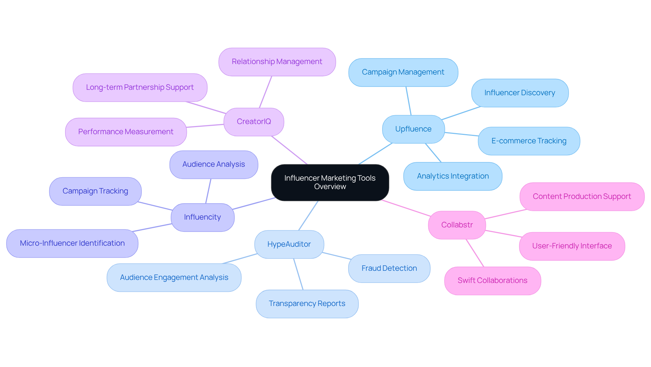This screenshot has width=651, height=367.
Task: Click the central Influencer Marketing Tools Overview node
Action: tap(330, 182)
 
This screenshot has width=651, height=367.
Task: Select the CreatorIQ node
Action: tap(254, 122)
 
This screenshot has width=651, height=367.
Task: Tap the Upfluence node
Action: tap(413, 129)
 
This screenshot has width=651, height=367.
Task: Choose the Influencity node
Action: tap(202, 217)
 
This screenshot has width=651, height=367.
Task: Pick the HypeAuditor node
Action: tap(289, 244)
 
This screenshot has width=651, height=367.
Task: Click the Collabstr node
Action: tap(457, 225)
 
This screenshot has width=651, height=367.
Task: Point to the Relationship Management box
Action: tap(277, 62)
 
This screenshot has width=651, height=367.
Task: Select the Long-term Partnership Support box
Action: tap(140, 87)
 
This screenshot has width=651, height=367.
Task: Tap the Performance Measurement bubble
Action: tap(125, 132)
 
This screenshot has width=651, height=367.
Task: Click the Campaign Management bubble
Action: tap(403, 72)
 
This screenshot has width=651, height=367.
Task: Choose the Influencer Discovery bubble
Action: tap(519, 93)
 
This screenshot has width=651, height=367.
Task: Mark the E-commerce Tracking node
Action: tap(529, 141)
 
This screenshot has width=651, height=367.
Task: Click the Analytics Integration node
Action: tap(453, 176)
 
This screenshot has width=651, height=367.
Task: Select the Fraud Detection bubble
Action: tap(389, 268)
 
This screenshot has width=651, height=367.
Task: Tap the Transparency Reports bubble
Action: tap(307, 304)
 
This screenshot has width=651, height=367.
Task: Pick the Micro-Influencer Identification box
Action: tap(72, 243)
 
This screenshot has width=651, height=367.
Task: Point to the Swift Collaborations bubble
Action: tap(492, 281)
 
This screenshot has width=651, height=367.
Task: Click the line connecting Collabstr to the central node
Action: tap(406, 208)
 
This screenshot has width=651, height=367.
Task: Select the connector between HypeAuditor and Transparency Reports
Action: tap(298, 274)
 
